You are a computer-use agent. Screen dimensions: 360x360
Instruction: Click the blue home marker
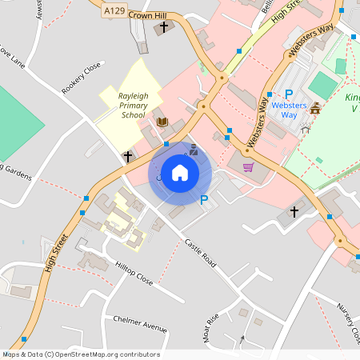point(180,172)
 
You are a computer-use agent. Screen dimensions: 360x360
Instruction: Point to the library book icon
point(162,122)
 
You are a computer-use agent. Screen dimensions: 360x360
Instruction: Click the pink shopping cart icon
point(248,167)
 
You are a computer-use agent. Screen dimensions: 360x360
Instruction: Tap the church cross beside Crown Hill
point(164,28)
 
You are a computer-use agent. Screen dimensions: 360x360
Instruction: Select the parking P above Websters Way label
point(289,94)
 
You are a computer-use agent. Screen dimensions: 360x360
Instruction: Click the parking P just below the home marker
point(204,200)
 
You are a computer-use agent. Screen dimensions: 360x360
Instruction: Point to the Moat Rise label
point(213,328)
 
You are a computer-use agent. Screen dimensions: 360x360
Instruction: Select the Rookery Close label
point(82,78)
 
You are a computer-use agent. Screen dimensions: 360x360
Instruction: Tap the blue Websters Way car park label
point(290,110)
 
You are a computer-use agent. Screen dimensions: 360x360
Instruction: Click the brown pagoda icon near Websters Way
point(316,109)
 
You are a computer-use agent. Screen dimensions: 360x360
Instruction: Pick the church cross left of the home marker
point(127,156)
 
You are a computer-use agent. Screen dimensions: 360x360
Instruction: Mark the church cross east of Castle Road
point(294,212)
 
